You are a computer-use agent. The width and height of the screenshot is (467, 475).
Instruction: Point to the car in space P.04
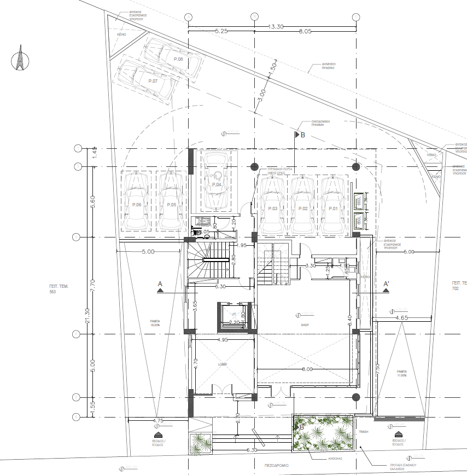[217, 182]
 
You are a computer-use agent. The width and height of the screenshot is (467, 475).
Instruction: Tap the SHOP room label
[305, 325]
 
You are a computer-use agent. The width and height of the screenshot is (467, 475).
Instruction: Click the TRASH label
[364, 432]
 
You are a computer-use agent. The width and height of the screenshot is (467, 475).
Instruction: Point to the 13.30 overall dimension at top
[276, 26]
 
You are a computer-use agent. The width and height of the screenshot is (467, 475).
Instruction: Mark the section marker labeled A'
[386, 286]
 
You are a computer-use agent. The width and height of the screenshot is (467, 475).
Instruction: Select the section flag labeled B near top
[299, 135]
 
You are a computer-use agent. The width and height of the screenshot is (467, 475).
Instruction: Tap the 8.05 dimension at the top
[305, 32]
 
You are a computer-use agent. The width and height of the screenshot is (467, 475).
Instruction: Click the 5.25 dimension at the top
[221, 32]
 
